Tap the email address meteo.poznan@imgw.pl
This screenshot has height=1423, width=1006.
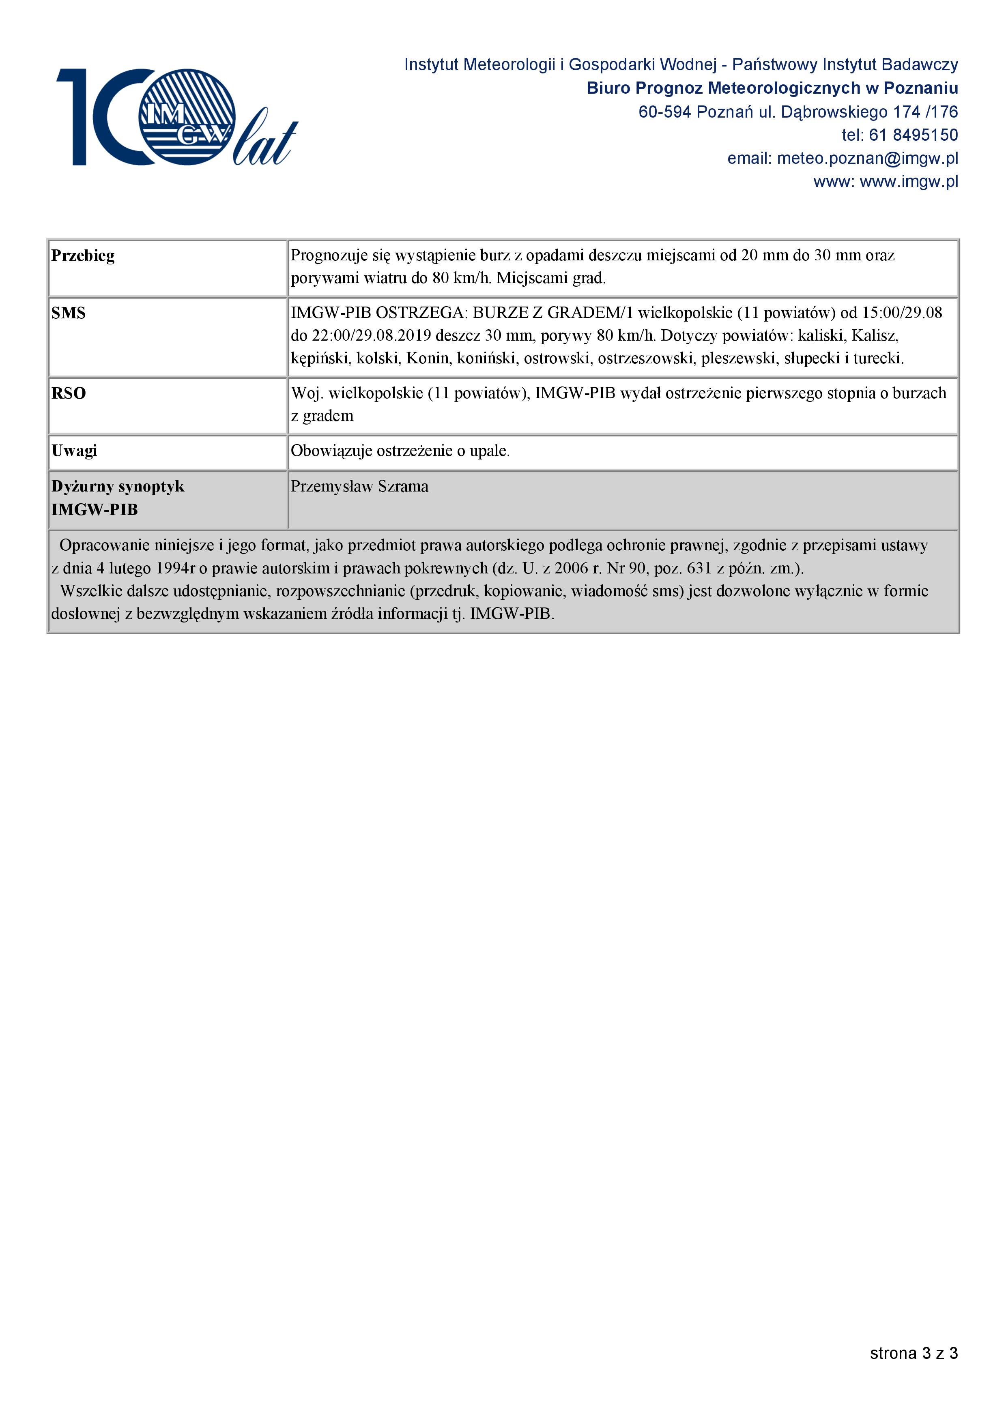(867, 159)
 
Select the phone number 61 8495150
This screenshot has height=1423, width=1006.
(913, 135)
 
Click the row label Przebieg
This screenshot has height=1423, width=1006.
(83, 255)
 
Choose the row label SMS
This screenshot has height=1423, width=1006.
(69, 313)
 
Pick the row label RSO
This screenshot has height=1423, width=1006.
(69, 393)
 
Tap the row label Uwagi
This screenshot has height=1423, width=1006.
(74, 451)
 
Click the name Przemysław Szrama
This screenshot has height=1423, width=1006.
(359, 487)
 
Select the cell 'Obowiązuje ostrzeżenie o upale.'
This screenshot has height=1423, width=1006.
(400, 451)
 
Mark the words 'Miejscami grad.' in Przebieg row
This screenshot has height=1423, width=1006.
(551, 278)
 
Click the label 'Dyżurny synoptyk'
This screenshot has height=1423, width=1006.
(118, 487)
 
